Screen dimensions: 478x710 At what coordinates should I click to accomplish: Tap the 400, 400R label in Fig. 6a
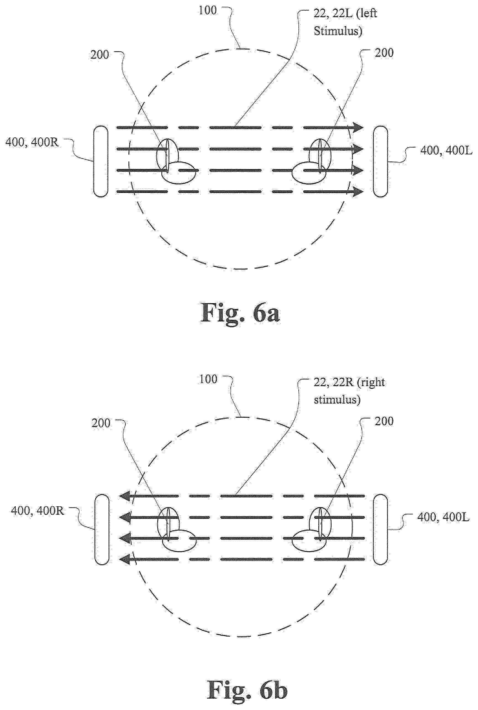32,142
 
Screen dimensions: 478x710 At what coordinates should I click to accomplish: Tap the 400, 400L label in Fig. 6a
446,150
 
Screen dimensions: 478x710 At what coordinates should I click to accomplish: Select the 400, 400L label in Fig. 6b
443,517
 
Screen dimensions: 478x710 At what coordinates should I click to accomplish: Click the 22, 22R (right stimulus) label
349,391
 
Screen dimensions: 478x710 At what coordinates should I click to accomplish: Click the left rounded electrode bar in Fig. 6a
101,161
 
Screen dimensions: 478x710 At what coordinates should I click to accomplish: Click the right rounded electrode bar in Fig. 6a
380,161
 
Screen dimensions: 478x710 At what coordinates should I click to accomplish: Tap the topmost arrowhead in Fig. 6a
359,127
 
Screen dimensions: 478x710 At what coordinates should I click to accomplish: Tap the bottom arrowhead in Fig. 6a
359,192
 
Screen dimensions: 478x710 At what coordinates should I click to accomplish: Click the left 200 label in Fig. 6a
100,55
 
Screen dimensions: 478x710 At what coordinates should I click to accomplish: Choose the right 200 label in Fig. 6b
384,421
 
